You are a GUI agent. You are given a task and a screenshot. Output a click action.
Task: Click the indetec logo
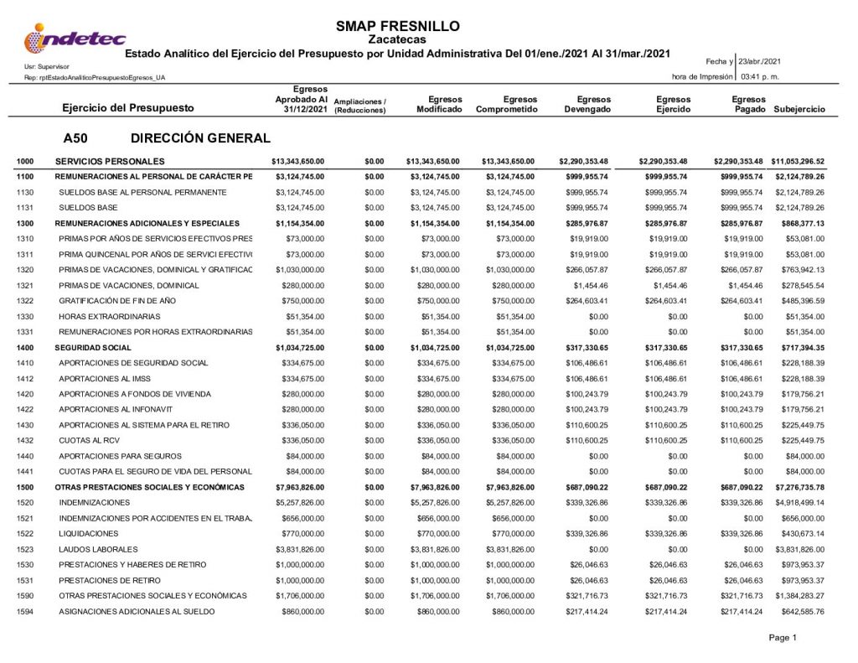[75, 39]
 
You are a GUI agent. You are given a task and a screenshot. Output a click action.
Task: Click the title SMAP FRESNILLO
[398, 26]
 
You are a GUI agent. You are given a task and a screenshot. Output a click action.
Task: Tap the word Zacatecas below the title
[398, 39]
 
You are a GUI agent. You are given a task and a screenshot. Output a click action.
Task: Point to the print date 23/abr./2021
[759, 62]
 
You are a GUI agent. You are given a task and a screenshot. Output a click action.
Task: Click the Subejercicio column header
[799, 109]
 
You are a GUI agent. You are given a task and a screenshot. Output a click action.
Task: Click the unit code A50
[75, 138]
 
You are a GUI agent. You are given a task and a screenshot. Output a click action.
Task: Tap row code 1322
[25, 300]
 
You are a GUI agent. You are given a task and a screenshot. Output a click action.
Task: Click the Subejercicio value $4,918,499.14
[798, 502]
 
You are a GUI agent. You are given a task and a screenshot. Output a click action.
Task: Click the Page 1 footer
[783, 638]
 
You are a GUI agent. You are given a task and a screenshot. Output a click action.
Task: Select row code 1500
[25, 487]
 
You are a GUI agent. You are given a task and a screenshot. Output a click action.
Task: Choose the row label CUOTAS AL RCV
[88, 440]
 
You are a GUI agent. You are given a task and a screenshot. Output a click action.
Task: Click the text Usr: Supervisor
[47, 65]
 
